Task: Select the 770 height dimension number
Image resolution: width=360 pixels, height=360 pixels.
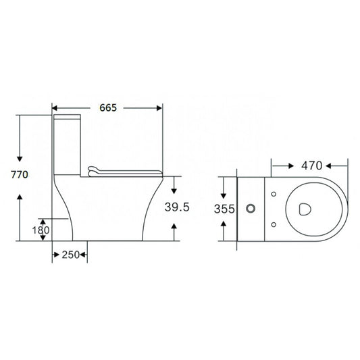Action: (x=19, y=175)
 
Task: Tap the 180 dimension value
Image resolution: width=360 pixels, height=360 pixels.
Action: (x=41, y=230)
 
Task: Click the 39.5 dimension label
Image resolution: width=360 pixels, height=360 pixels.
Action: (x=176, y=208)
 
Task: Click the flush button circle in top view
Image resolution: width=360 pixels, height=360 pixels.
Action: (x=252, y=209)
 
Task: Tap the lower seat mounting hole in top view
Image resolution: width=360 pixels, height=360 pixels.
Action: (x=273, y=224)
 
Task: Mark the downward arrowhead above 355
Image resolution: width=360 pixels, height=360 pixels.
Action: (x=226, y=192)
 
